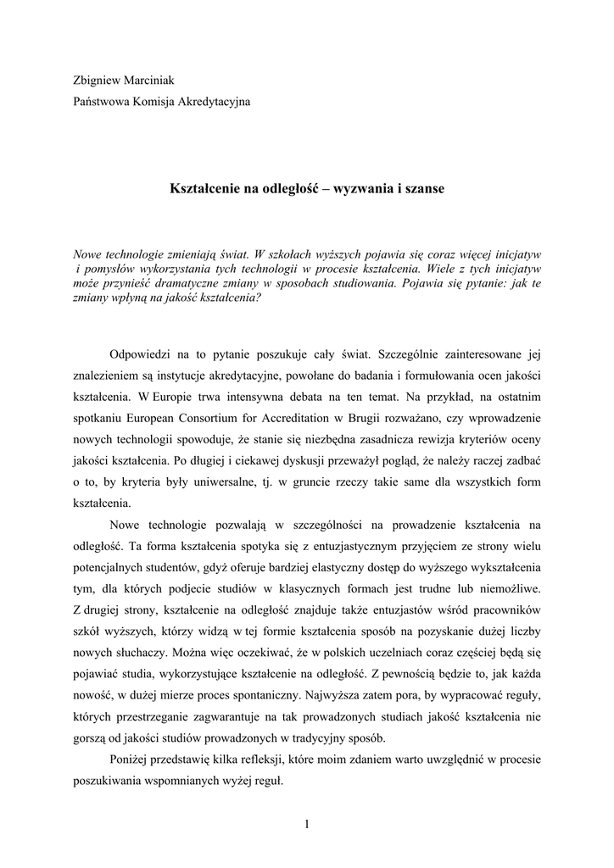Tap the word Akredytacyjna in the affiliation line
[x=214, y=102]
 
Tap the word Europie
[x=179, y=396]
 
